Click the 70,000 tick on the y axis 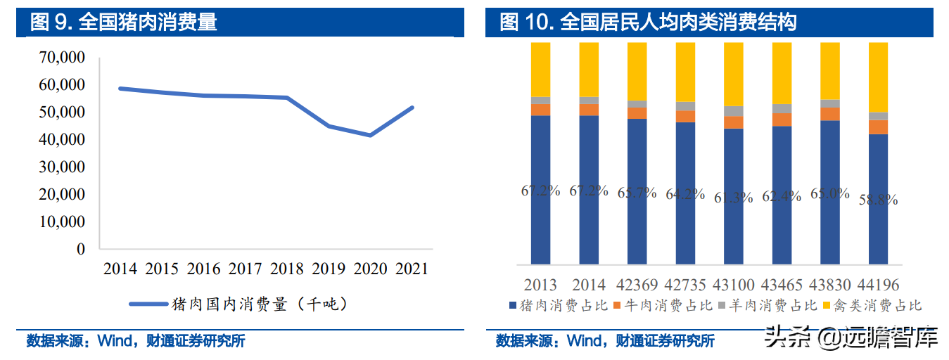click(x=62, y=57)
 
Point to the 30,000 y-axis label click(x=62, y=167)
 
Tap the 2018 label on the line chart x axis click(x=287, y=269)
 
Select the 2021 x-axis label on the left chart click(x=412, y=269)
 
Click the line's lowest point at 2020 click(x=370, y=135)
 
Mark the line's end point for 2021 click(x=412, y=108)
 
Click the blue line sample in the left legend click(x=148, y=304)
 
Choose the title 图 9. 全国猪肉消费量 click(x=123, y=22)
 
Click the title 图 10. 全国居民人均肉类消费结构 click(x=648, y=22)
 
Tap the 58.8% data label click(x=878, y=200)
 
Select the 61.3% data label click(x=733, y=198)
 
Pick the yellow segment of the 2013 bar click(x=540, y=70)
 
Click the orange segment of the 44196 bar click(x=878, y=127)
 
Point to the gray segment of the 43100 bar click(x=733, y=111)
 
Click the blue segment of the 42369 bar click(x=637, y=191)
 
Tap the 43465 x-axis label click(x=782, y=285)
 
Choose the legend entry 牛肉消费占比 click(x=664, y=305)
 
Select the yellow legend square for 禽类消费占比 click(x=826, y=305)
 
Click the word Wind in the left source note click(x=115, y=340)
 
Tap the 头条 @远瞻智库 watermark click(x=851, y=338)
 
